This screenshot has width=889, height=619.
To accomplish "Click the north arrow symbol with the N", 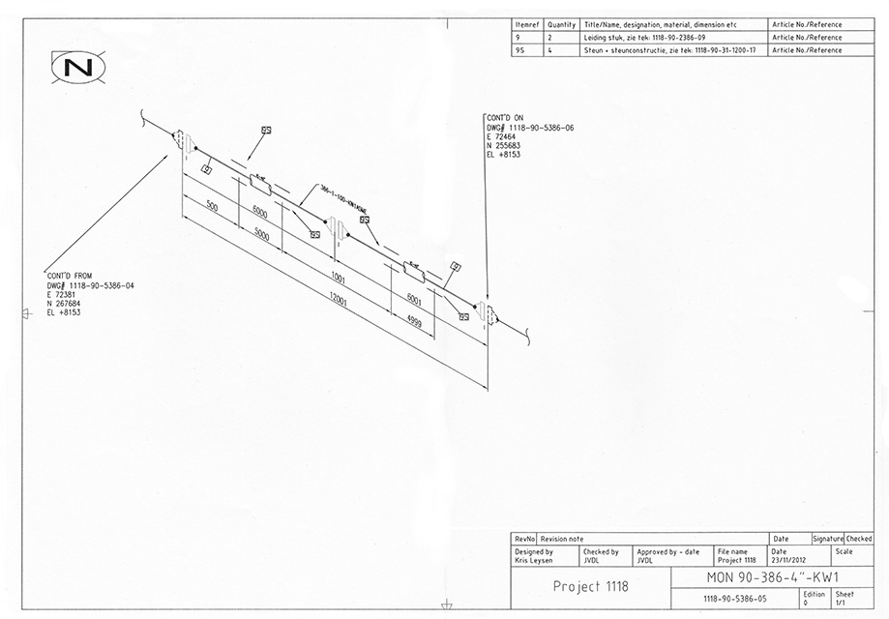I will pyautogui.click(x=76, y=67).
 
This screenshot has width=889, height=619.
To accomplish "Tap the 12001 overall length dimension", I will pyautogui.click(x=338, y=303).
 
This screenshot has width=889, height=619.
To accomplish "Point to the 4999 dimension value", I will pyautogui.click(x=413, y=322).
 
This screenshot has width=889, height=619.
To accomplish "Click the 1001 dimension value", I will pyautogui.click(x=338, y=278).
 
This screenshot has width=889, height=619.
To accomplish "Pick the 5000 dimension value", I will pyautogui.click(x=260, y=234).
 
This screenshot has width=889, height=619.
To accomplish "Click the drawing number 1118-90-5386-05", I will pyautogui.click(x=734, y=599).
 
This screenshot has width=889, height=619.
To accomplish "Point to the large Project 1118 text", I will pyautogui.click(x=590, y=586).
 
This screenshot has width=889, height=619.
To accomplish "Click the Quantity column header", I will pyautogui.click(x=561, y=24).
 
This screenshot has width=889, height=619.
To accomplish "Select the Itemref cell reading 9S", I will pyautogui.click(x=521, y=49).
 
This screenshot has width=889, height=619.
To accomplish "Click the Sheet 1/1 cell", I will pyautogui.click(x=845, y=599).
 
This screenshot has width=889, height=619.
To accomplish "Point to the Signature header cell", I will pyautogui.click(x=828, y=539).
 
